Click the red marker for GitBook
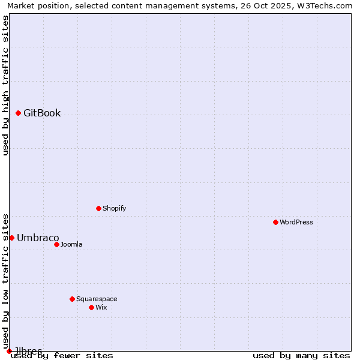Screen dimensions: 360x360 (18, 113)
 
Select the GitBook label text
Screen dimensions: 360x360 (42, 113)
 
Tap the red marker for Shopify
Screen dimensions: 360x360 (98, 208)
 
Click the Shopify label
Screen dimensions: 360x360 (114, 208)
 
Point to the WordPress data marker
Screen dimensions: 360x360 (275, 222)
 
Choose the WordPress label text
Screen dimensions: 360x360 (296, 222)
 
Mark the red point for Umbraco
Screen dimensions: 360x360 (11, 238)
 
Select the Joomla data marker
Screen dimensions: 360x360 (56, 244)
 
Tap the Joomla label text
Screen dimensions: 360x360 (71, 244)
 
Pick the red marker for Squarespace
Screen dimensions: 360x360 (72, 299)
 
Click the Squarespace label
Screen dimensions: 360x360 (97, 299)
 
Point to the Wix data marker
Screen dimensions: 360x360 (91, 307)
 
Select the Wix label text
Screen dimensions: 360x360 (101, 307)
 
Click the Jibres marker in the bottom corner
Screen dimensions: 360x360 (9, 351)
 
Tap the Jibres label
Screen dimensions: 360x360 (28, 351)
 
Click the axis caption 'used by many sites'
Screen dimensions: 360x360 (301, 355)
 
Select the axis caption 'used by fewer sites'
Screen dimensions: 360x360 (62, 355)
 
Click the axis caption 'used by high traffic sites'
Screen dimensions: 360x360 (6, 85)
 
